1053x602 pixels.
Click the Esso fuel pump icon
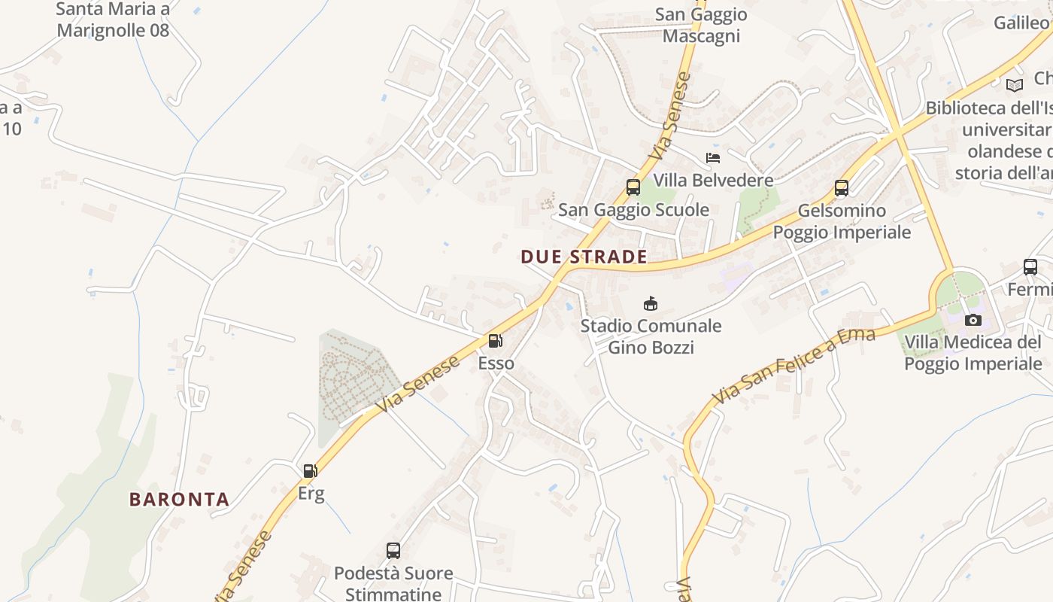coord(495,341)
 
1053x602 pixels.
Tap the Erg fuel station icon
coord(310,471)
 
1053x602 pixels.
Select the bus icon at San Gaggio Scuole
coord(633,187)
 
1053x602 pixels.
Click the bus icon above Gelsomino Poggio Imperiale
coord(842,188)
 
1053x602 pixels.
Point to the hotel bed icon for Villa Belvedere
coord(713,158)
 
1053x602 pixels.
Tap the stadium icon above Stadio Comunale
coord(651,303)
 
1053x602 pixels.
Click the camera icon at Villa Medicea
coord(973,321)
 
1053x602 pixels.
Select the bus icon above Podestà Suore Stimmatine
coord(393,550)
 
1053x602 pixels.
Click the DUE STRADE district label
coord(584,257)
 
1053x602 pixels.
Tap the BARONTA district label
coord(179,499)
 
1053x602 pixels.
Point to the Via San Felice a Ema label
coord(794,366)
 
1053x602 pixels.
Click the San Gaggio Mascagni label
coord(701,25)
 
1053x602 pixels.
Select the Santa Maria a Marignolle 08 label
coord(113,20)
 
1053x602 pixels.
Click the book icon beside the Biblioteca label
coord(1015,85)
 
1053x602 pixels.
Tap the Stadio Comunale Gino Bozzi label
coord(651,336)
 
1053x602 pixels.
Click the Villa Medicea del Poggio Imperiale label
coord(973,353)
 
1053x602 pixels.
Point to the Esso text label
coord(496,363)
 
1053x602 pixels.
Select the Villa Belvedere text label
coord(713,180)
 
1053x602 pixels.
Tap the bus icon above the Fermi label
coord(1030,266)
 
